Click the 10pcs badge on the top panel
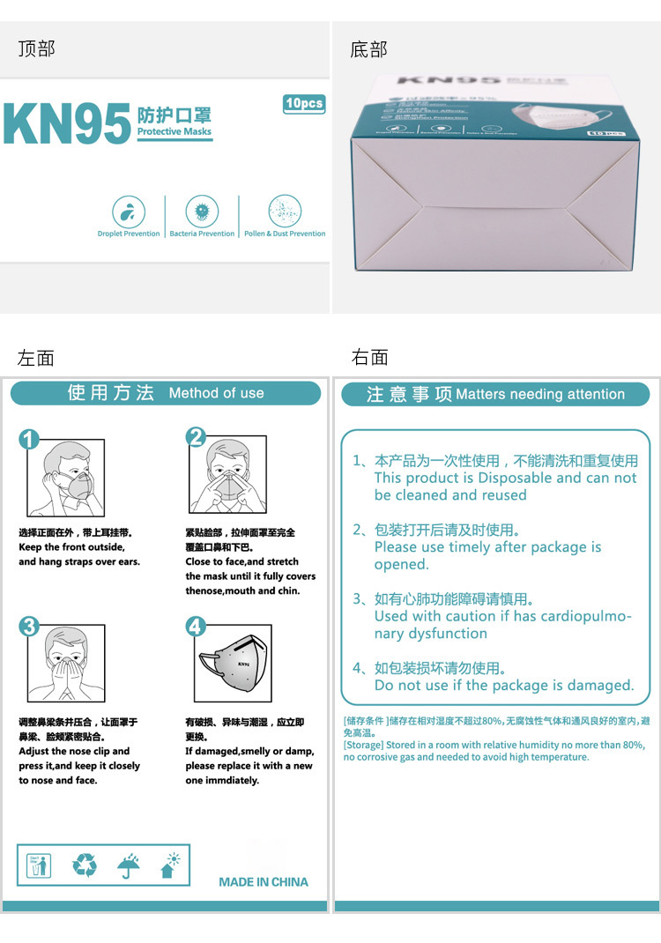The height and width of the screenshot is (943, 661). point(304,104)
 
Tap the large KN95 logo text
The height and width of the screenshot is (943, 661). point(67,125)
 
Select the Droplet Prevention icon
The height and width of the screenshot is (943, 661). point(129,212)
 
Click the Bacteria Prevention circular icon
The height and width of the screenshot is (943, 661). point(202,212)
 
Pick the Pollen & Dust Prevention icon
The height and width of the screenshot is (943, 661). point(285,212)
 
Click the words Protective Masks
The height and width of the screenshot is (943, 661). point(174,132)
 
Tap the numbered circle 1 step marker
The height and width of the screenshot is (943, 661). point(30,439)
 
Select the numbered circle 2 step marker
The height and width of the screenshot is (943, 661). point(196,437)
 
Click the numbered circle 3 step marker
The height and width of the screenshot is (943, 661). point(30,626)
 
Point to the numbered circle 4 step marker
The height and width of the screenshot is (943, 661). point(196,626)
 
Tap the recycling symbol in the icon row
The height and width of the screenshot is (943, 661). point(85,865)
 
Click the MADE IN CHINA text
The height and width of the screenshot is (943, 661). point(264,882)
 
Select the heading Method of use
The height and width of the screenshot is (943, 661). point(216,394)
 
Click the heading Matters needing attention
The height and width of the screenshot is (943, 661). point(540,395)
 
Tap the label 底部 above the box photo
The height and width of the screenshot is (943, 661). point(368,49)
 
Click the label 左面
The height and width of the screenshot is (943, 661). point(36,357)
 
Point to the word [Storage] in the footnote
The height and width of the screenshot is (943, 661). point(363,745)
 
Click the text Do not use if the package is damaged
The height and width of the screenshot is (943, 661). point(503,686)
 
